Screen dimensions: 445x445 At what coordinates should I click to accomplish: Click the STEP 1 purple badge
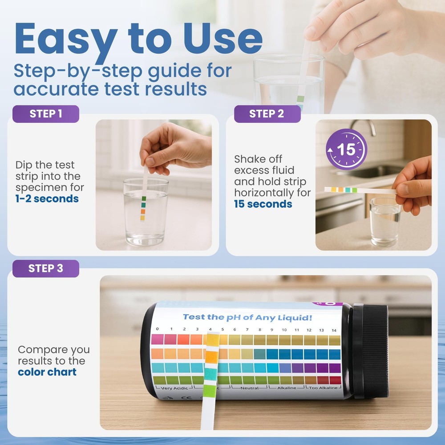tap(46, 114)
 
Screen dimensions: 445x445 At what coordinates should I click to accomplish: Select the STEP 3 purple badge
tap(46, 269)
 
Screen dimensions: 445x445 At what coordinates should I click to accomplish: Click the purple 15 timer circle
tap(346, 149)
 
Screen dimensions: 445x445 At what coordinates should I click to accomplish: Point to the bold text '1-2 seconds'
tap(47, 199)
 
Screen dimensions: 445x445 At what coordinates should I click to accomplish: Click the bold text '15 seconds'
tap(263, 204)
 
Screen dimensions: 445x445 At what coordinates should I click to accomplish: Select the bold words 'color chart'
tap(47, 372)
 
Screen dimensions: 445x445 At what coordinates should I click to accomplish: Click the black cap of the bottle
tap(369, 351)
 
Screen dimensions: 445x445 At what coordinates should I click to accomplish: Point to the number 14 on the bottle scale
tap(334, 331)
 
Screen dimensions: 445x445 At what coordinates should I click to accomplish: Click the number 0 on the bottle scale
tap(157, 330)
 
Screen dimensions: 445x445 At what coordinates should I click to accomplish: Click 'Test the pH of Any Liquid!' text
tap(247, 317)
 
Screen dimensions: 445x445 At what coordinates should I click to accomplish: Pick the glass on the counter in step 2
tap(385, 221)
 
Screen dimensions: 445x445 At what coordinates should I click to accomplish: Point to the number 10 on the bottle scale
tap(284, 331)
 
